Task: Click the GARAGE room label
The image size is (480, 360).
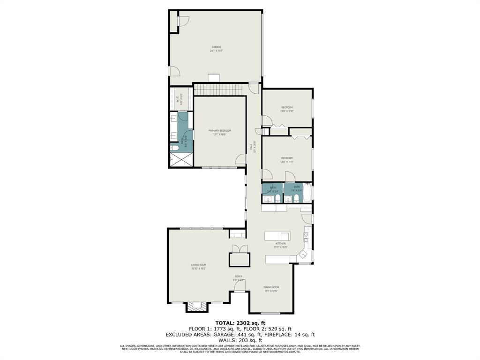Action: pos(216,47)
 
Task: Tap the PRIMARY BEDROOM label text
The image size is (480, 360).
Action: pos(220,131)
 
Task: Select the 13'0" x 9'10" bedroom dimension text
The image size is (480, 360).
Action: pos(287,111)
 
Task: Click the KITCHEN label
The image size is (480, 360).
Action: pos(280,244)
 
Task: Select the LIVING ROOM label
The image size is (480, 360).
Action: pos(198,265)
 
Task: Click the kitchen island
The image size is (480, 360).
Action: pos(277,235)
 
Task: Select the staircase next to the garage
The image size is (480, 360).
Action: pos(217,89)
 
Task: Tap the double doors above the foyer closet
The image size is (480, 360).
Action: pos(239,249)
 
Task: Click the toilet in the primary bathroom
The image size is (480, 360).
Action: pos(174,149)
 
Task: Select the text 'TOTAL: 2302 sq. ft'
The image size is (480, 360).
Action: pos(240,322)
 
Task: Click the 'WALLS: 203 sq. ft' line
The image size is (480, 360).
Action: pos(240,340)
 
